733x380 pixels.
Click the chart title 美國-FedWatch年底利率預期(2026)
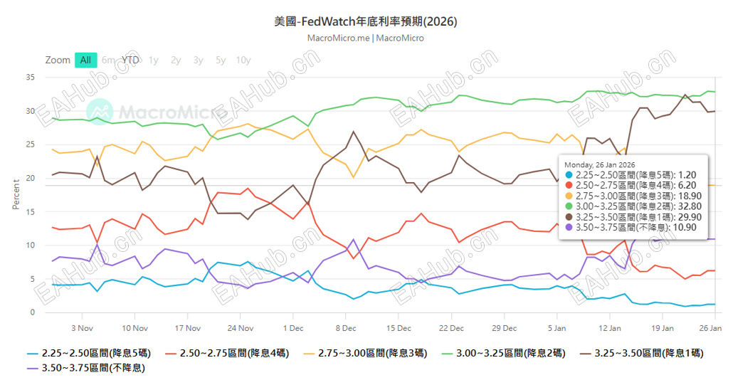click(366, 22)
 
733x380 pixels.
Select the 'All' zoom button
click(85, 60)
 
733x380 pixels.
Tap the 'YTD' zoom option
click(130, 60)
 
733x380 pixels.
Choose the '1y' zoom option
click(153, 60)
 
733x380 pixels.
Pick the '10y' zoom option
click(243, 60)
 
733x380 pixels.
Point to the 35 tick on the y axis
click(30, 77)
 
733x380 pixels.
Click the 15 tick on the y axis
click(30, 211)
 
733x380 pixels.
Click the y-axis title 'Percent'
click(16, 194)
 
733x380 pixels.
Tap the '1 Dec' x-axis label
click(293, 328)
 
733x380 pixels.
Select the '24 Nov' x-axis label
click(241, 328)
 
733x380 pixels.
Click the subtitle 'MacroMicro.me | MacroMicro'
click(366, 38)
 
